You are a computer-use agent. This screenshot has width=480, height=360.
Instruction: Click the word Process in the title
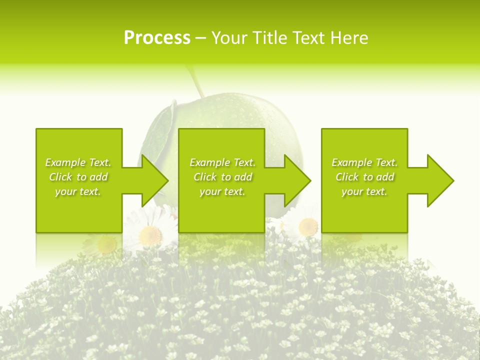[157, 38]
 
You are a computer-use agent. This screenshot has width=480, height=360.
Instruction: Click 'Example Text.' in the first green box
[78, 162]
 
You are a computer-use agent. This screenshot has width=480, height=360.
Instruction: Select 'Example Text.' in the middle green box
[222, 162]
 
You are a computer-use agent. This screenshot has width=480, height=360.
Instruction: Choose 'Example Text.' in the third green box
[364, 162]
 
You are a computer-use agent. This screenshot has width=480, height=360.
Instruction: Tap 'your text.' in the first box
[78, 191]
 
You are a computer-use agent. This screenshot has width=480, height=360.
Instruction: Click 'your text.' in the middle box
[222, 191]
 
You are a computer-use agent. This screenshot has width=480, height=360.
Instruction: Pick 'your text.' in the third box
[364, 191]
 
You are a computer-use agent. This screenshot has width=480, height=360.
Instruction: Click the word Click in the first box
[60, 177]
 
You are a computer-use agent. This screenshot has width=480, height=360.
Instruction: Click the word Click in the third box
[347, 177]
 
